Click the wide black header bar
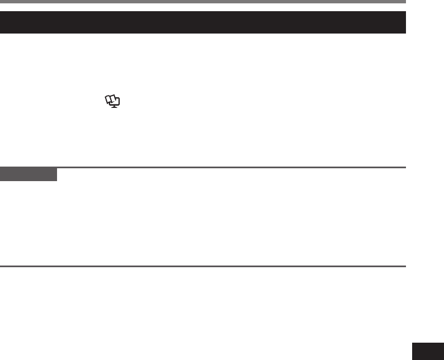point(202,22)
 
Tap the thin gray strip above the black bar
point(202,2)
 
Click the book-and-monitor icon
point(113,101)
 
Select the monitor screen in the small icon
point(116,103)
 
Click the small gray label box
point(29,174)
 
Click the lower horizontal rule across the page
point(202,266)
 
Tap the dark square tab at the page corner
point(428,352)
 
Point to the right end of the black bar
point(404,22)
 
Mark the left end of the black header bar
point(2,22)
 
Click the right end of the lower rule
point(404,266)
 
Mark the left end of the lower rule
point(1,266)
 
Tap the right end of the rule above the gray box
point(404,167)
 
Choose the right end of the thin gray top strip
point(404,2)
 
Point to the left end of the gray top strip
point(1,2)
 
